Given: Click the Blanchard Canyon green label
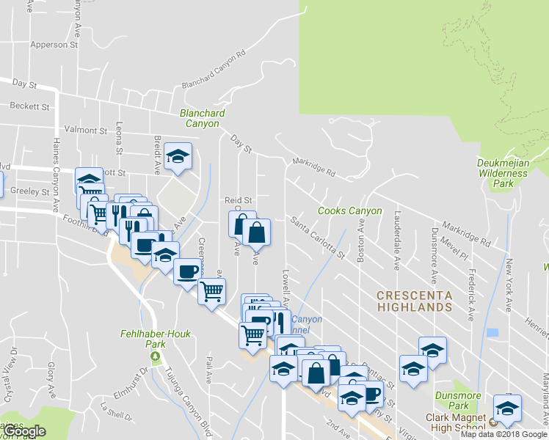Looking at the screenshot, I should [203, 119].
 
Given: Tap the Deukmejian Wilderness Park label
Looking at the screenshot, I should [502, 173].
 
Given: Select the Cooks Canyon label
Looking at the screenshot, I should [349, 211].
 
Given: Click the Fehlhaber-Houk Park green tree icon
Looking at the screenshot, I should [155, 357].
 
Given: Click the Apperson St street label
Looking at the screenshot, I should [54, 45].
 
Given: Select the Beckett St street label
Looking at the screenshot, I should [30, 106].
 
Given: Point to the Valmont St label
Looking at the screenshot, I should [86, 130].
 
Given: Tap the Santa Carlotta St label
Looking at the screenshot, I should [317, 236].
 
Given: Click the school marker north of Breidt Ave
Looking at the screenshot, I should [177, 155].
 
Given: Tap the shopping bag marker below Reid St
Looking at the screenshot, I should [256, 232].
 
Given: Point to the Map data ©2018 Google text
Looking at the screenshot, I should [504, 434].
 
